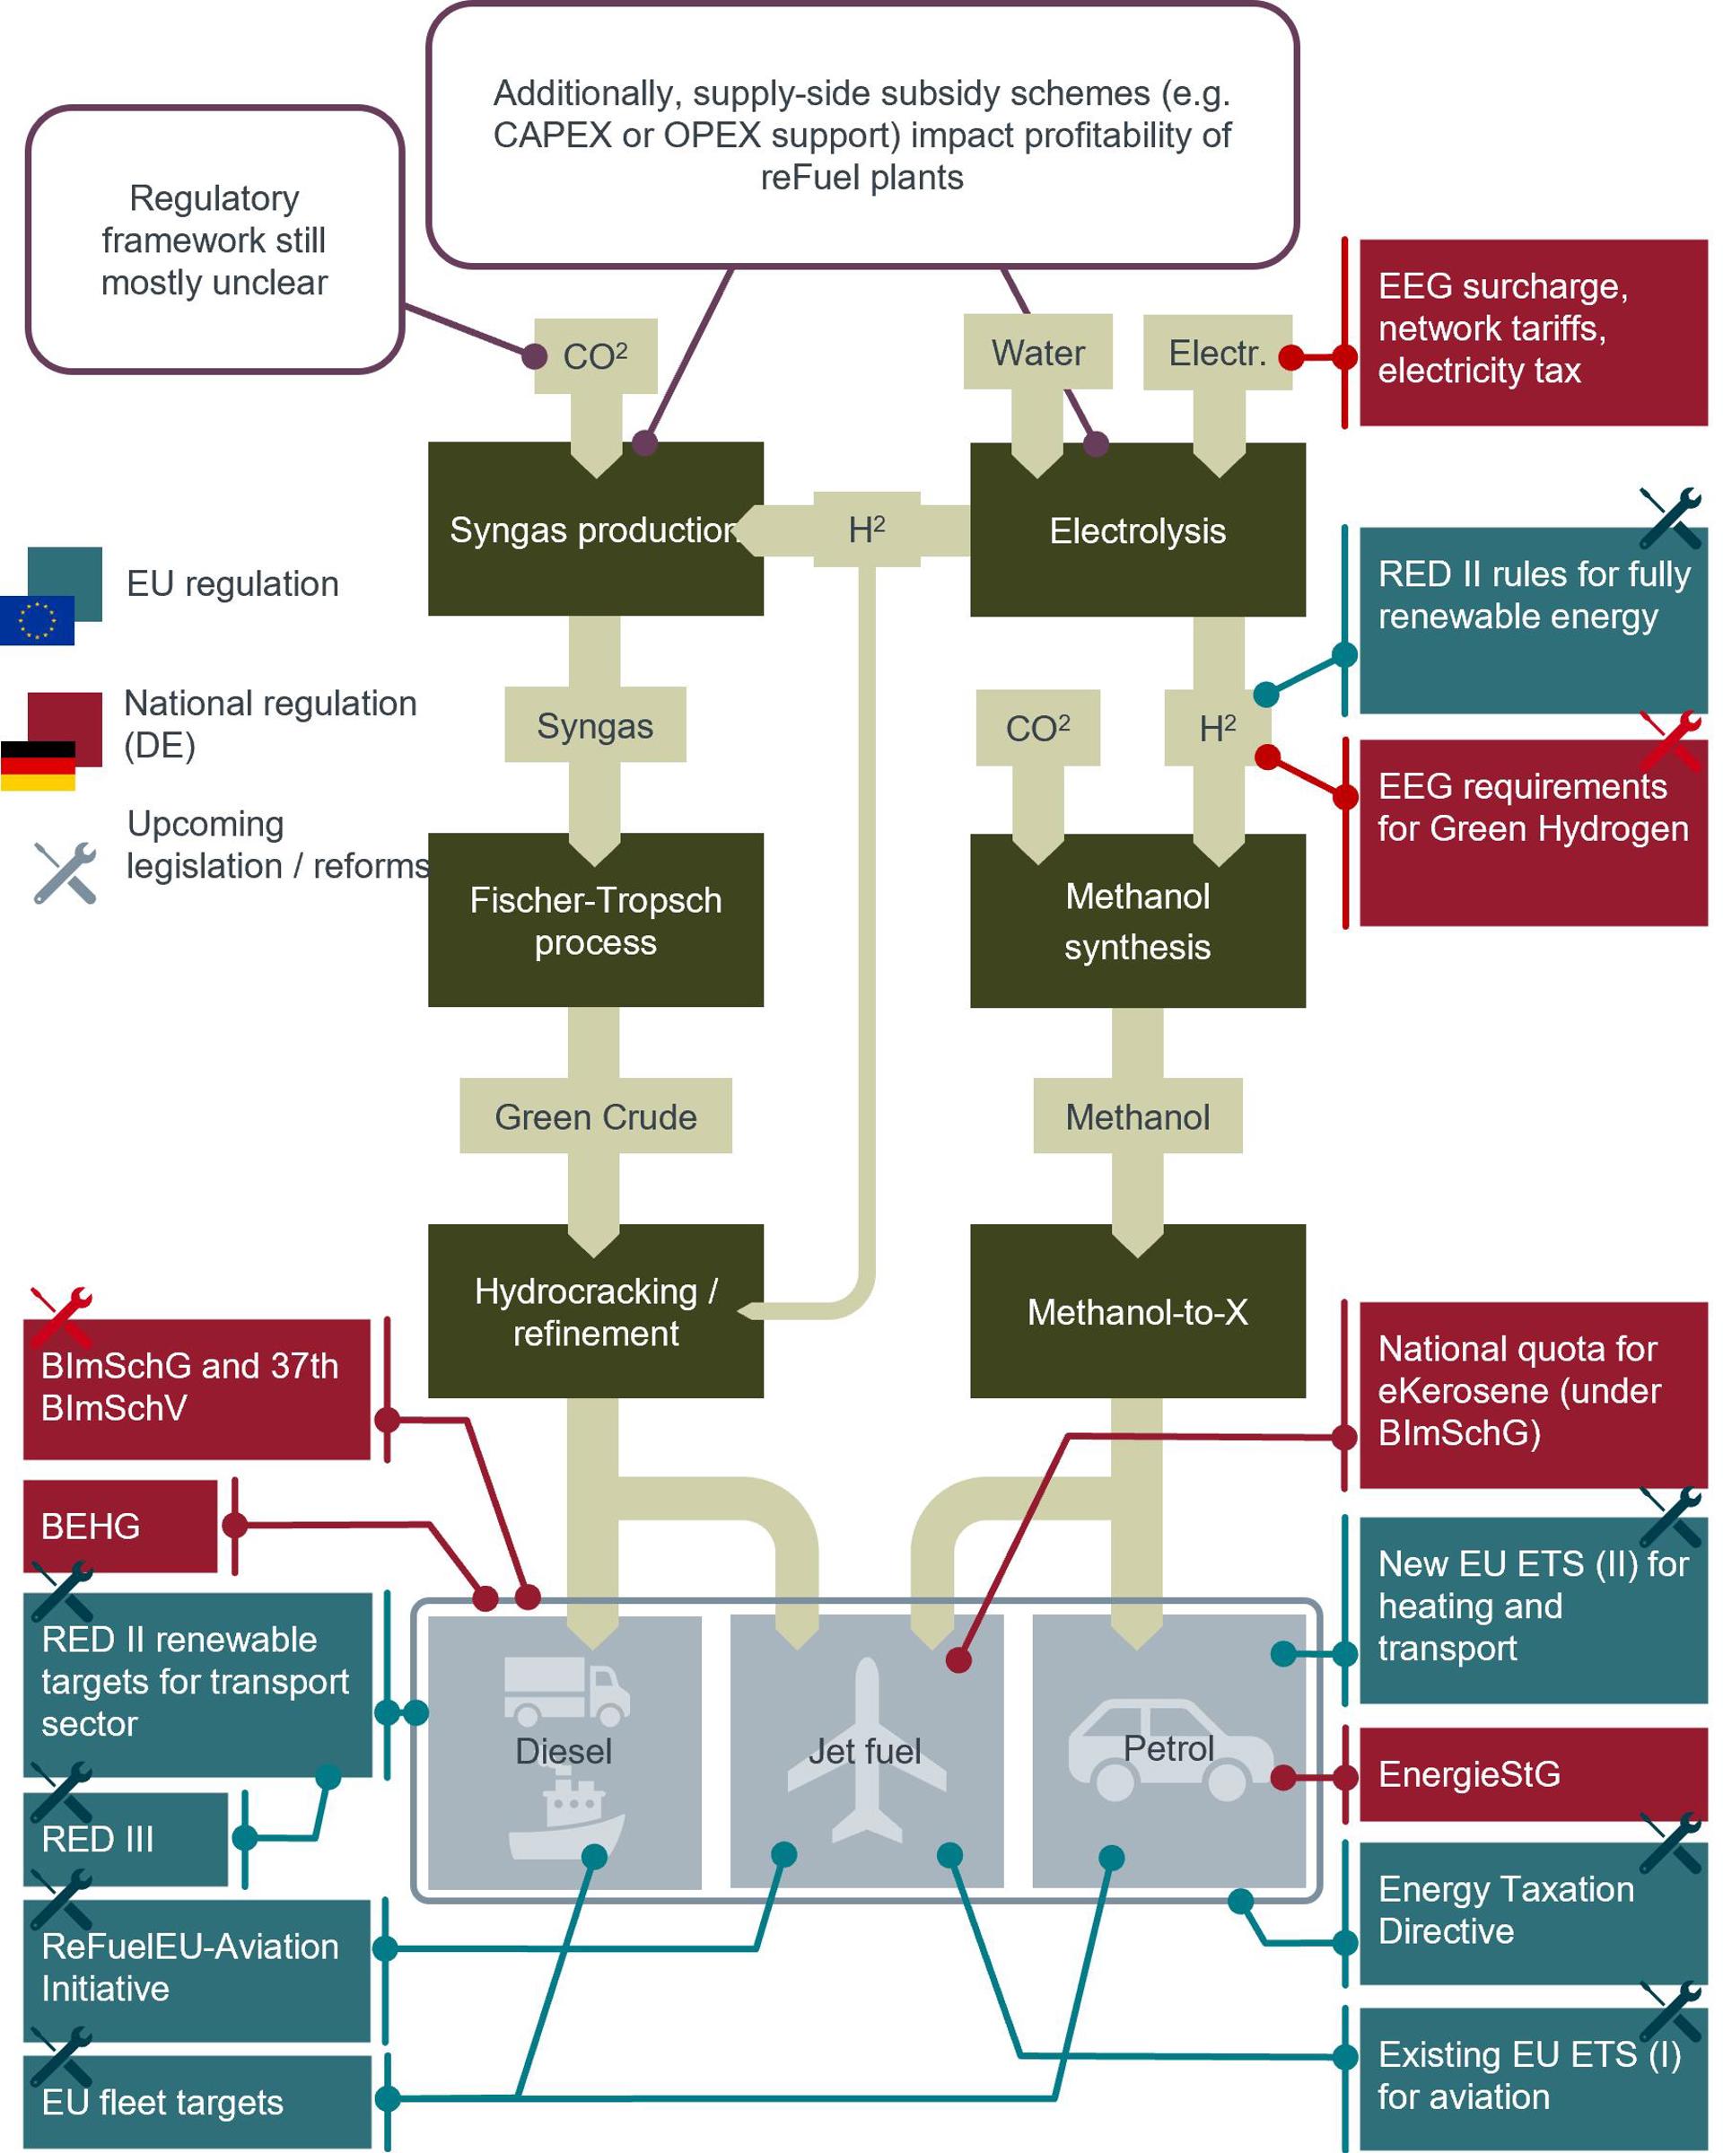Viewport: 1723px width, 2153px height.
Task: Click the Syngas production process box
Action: (595, 529)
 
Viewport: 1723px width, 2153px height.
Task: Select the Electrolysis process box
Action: (1137, 529)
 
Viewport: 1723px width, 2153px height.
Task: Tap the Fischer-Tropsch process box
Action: (595, 920)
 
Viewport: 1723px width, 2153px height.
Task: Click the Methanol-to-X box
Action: (1137, 1311)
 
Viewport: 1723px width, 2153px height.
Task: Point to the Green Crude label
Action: (595, 1116)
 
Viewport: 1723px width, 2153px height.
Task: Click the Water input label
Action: (1037, 353)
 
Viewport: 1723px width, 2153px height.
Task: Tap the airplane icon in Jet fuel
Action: (867, 1747)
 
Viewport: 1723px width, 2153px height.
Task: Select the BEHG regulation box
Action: (119, 1526)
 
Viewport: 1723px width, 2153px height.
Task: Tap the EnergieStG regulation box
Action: (1533, 1774)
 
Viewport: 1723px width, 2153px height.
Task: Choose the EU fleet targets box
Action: (197, 2102)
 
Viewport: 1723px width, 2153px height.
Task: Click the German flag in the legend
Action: (38, 765)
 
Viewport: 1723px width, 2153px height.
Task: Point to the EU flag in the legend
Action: (37, 620)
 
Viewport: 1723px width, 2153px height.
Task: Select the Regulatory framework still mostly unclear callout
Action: (214, 240)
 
